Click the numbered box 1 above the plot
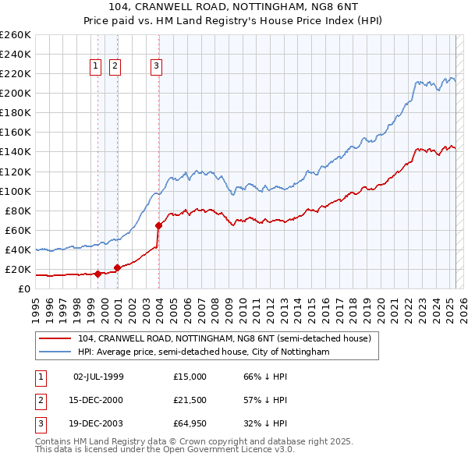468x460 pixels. [x=95, y=66]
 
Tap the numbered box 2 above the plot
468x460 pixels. [x=115, y=66]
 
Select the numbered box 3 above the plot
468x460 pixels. [x=156, y=66]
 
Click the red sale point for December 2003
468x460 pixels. [x=158, y=225]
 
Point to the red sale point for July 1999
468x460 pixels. [x=97, y=274]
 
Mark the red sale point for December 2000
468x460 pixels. [x=118, y=267]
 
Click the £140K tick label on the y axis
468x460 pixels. [x=15, y=152]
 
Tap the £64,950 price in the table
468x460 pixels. [x=190, y=425]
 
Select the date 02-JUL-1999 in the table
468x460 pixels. [x=98, y=376]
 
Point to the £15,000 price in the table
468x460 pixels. [x=190, y=376]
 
